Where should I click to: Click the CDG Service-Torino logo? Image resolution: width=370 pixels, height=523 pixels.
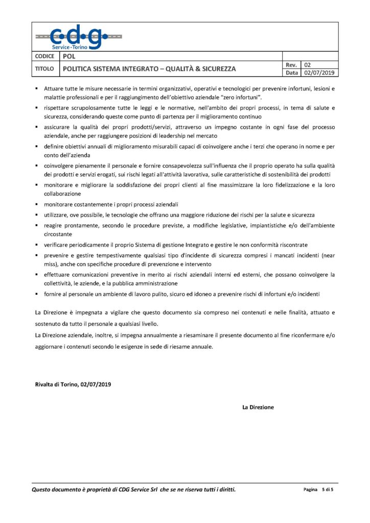(x=79, y=37)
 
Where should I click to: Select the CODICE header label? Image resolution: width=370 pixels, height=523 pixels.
(x=45, y=56)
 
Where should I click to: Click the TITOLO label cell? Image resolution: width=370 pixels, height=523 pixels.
(x=44, y=68)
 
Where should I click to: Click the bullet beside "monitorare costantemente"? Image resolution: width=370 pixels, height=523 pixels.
(x=37, y=204)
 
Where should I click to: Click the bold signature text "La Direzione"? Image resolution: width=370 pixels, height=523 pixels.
(x=258, y=407)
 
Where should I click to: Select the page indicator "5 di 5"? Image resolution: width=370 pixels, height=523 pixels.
(x=331, y=490)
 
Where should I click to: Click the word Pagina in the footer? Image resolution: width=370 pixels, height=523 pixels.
(x=310, y=490)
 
